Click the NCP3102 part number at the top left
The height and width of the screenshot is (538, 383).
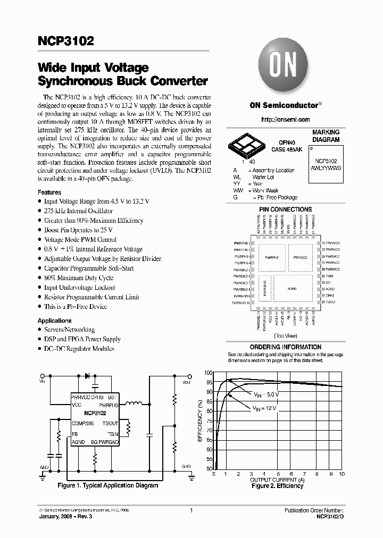click(65, 41)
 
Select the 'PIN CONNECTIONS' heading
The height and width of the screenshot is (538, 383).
click(285, 209)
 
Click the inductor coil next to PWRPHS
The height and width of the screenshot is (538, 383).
click(133, 405)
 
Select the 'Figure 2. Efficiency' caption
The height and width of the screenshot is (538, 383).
click(277, 486)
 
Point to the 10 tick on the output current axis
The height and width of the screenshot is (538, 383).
click(342, 474)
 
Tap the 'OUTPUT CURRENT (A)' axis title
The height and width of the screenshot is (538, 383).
click(277, 480)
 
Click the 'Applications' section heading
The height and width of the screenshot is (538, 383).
click(54, 321)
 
